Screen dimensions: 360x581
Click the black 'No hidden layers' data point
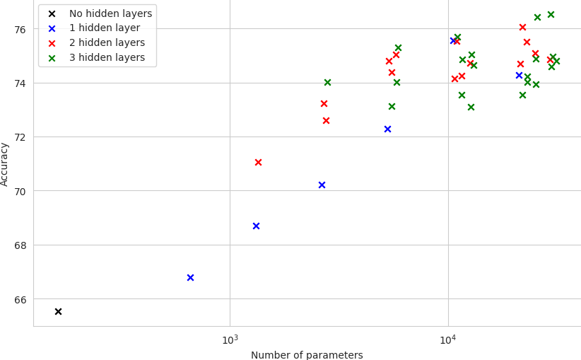58,311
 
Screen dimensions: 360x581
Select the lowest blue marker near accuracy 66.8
190,277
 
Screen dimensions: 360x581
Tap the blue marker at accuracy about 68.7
256,226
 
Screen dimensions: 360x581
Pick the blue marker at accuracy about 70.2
322,185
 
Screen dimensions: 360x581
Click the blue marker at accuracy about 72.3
387,129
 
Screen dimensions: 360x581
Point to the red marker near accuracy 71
258,162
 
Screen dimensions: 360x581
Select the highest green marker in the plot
551,14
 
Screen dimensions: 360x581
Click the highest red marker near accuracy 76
522,27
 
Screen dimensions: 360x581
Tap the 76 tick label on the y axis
20,29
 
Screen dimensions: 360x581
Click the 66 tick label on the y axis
20,299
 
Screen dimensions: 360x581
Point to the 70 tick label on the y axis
20,191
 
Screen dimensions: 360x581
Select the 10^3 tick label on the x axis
230,340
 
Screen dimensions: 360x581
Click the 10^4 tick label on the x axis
448,340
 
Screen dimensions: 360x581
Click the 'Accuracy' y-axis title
6,164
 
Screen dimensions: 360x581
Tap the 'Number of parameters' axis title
307,355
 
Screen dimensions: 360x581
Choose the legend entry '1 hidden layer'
105,28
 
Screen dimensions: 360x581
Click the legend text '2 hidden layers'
107,43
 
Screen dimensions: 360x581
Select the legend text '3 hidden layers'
107,58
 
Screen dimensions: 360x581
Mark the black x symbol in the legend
52,13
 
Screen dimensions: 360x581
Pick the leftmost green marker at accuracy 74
327,82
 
